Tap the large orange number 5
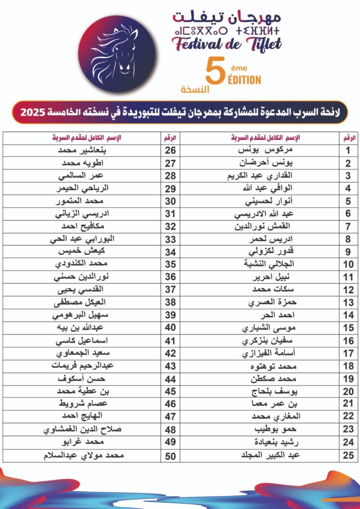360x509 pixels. point(214,74)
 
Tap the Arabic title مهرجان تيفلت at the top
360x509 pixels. point(226,16)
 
